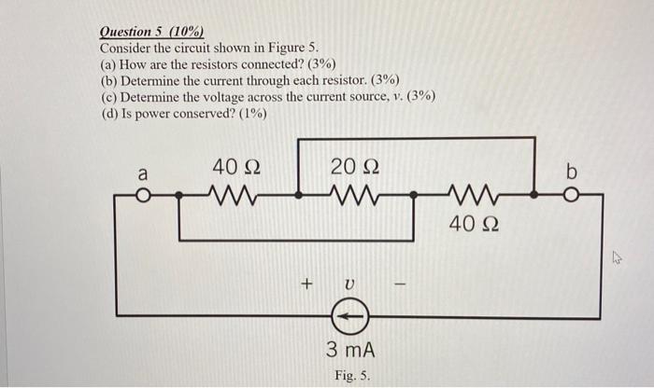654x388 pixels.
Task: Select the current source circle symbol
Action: pos(350,319)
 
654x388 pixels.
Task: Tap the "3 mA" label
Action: pos(350,350)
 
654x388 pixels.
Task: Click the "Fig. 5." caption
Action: pos(352,376)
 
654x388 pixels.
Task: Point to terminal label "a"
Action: pos(143,173)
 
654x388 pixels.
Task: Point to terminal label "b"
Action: pos(573,173)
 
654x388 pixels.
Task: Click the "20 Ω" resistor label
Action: pos(354,168)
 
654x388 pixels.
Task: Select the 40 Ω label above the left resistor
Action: pos(235,168)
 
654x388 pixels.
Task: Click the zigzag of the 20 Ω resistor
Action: pos(354,196)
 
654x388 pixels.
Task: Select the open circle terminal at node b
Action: pos(571,197)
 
